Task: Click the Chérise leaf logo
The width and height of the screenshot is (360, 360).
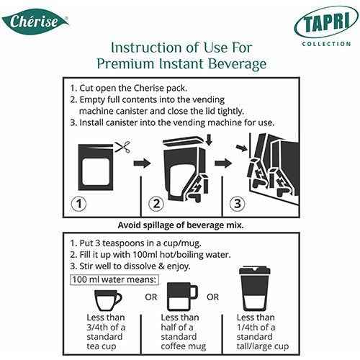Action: [x=35, y=22]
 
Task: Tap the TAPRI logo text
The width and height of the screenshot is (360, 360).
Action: [x=326, y=22]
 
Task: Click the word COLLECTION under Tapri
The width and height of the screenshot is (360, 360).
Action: [x=326, y=44]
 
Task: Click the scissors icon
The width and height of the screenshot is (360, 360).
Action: [x=122, y=147]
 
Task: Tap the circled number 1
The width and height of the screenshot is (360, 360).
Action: [x=79, y=204]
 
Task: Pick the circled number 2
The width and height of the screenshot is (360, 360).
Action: [x=156, y=204]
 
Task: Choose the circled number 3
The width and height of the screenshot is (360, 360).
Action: [x=238, y=204]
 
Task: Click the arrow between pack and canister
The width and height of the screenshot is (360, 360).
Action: [x=142, y=163]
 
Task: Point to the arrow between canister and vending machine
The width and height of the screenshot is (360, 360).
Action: [x=223, y=163]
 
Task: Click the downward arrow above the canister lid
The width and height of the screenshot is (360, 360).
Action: [x=210, y=140]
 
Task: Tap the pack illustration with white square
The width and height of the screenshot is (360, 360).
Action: [x=96, y=167]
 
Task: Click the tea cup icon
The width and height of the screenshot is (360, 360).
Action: [x=108, y=301]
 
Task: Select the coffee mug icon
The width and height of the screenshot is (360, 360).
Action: [x=182, y=297]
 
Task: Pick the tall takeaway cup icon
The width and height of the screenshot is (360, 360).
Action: [x=255, y=289]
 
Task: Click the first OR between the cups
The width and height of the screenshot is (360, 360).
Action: [x=151, y=297]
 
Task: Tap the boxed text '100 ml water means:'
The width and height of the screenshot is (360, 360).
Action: [x=114, y=280]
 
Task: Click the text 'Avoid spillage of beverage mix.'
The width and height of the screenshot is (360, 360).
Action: [x=181, y=225]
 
